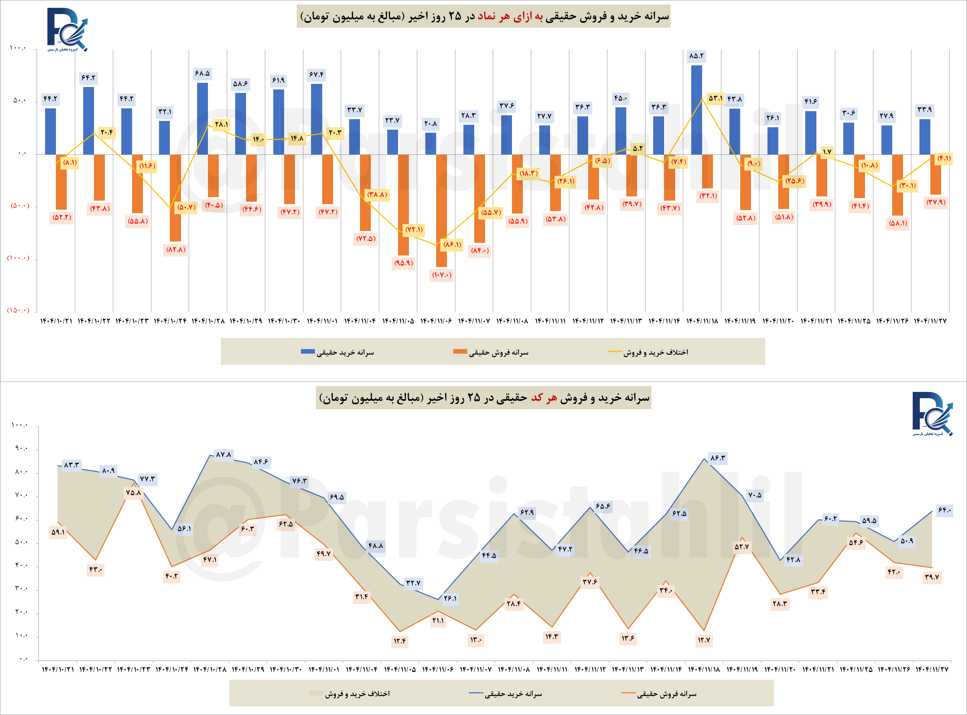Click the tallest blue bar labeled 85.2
pos(697,109)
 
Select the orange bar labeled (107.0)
pos(441,210)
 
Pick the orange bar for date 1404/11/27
pos(936,174)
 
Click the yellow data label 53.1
pos(715,98)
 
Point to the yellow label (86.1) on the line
pos(452,245)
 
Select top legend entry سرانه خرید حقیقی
pos(338,352)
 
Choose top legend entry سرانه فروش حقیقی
pos(491,352)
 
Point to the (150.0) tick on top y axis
pos(18,310)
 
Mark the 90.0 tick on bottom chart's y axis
pos(21,448)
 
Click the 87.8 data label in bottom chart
pos(224,454)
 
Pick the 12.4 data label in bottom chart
pos(400,641)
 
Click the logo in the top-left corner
pos(67,29)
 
